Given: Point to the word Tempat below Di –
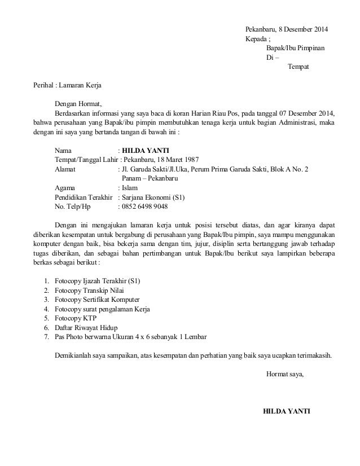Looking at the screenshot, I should coord(298,68).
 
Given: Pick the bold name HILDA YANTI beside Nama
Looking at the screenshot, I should coord(142,151).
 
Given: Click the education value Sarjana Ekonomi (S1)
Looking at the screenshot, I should coord(153,198).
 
